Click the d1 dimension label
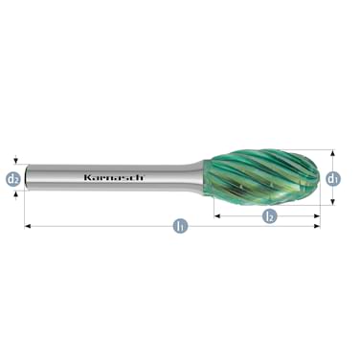point(332,177)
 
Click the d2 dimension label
point(13,177)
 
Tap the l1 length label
point(179,227)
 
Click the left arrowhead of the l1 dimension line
point(28,227)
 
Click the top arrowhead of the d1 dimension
point(332,153)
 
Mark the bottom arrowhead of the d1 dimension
point(332,202)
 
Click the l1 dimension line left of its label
point(96,227)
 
